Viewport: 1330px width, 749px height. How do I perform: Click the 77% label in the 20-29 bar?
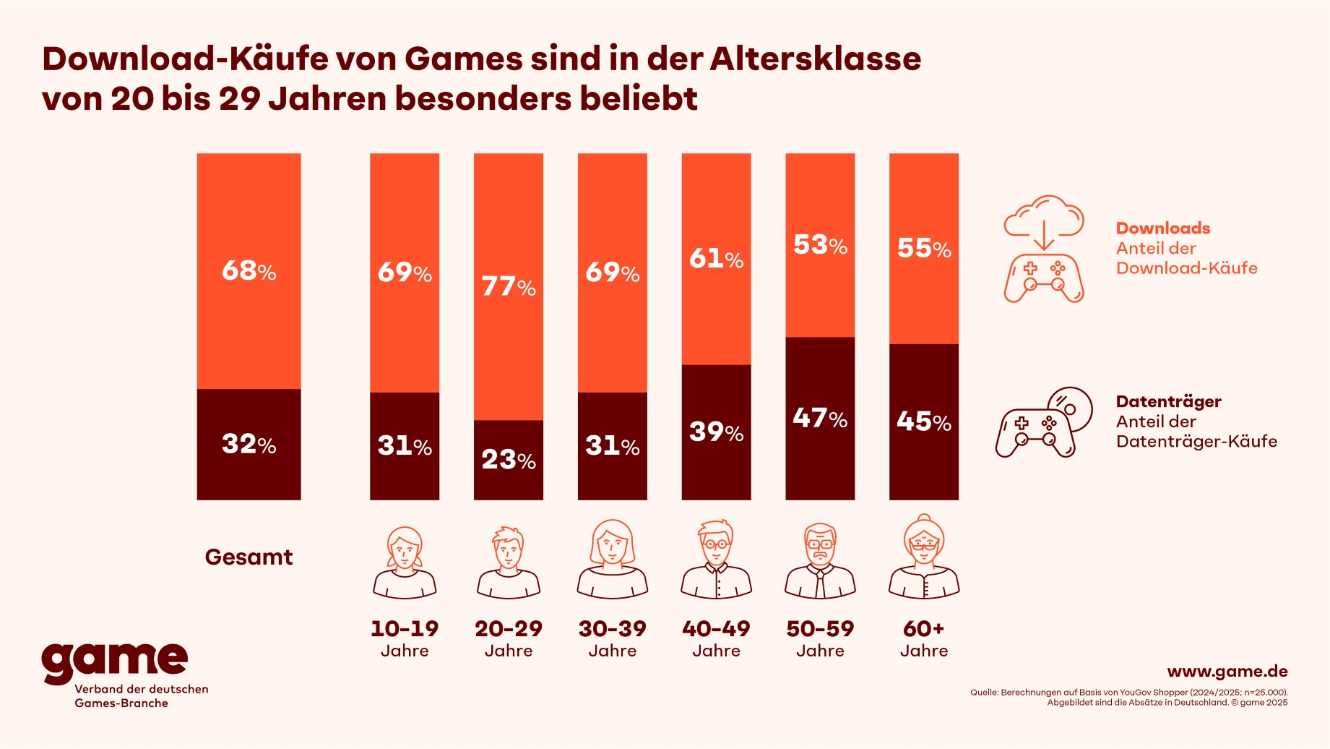coord(509,287)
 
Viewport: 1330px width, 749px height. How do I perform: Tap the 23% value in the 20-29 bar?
coord(509,460)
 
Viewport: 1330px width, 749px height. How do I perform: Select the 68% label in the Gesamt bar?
coord(249,271)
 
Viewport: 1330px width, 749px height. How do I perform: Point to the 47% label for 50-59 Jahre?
coord(820,419)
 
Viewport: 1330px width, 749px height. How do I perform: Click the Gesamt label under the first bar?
coord(249,557)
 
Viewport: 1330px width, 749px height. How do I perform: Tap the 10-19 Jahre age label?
coord(405,638)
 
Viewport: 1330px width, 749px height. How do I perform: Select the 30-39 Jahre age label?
coord(613,638)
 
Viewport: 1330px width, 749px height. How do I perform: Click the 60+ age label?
coord(924,638)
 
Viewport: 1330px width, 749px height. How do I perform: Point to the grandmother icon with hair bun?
coord(924,557)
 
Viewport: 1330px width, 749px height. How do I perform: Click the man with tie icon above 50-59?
coord(820,561)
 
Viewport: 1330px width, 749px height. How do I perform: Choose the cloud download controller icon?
coord(1044,249)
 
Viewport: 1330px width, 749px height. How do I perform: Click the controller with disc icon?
coord(1044,422)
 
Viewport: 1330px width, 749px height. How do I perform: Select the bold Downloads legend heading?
coord(1163,228)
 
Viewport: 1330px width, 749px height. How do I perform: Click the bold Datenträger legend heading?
coord(1168,402)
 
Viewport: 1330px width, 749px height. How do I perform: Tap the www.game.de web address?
coord(1227,672)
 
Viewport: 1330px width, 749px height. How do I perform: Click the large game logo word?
coord(115,661)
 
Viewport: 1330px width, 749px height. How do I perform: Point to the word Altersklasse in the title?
coord(816,59)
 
